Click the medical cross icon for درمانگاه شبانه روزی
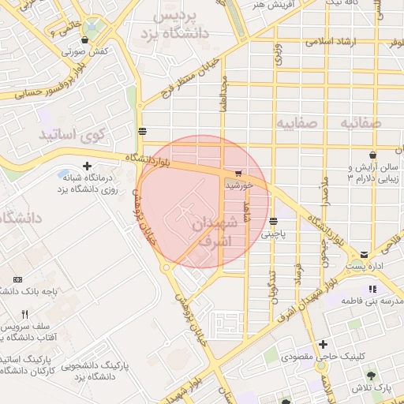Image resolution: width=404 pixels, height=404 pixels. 87,166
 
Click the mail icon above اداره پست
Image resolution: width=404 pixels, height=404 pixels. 364,255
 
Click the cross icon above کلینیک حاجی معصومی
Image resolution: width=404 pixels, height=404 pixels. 322,345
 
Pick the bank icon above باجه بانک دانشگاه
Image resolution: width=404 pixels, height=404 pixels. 18,280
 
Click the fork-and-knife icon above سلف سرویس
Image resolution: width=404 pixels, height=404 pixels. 24,315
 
